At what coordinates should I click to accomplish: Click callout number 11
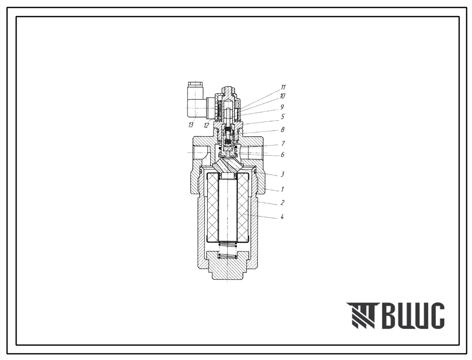283,87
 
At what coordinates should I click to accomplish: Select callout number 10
282,96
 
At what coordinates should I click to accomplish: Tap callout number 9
282,107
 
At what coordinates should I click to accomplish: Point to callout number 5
282,116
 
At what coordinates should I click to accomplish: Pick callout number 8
282,130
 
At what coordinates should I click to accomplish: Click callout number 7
283,144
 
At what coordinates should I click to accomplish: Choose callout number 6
282,155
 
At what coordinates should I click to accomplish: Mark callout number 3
282,174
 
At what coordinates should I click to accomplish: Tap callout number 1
282,189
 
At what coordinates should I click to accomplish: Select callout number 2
282,203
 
